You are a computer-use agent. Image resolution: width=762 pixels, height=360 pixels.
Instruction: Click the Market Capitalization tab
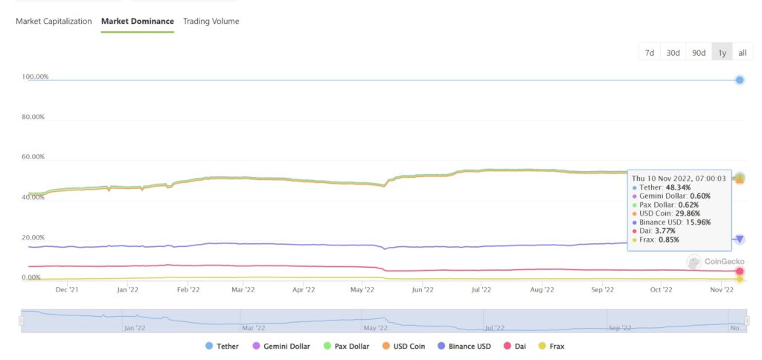(54, 22)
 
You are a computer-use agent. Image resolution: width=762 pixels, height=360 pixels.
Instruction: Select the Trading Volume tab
(211, 22)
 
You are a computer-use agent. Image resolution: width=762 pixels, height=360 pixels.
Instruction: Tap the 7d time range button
(649, 52)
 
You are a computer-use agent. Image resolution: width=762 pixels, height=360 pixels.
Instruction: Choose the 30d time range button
(673, 52)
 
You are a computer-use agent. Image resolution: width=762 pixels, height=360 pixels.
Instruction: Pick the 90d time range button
(699, 52)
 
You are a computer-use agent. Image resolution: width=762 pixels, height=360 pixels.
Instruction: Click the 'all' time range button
(742, 52)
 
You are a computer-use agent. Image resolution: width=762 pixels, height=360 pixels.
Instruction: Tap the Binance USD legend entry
(462, 346)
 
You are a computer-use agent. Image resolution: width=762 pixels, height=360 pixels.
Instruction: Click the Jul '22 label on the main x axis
(481, 290)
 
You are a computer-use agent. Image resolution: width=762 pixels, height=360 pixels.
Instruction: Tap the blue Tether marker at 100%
(740, 80)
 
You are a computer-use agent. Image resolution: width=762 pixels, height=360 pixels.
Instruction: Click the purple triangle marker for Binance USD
(740, 239)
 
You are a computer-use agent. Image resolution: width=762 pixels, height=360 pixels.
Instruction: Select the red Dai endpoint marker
(740, 271)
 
